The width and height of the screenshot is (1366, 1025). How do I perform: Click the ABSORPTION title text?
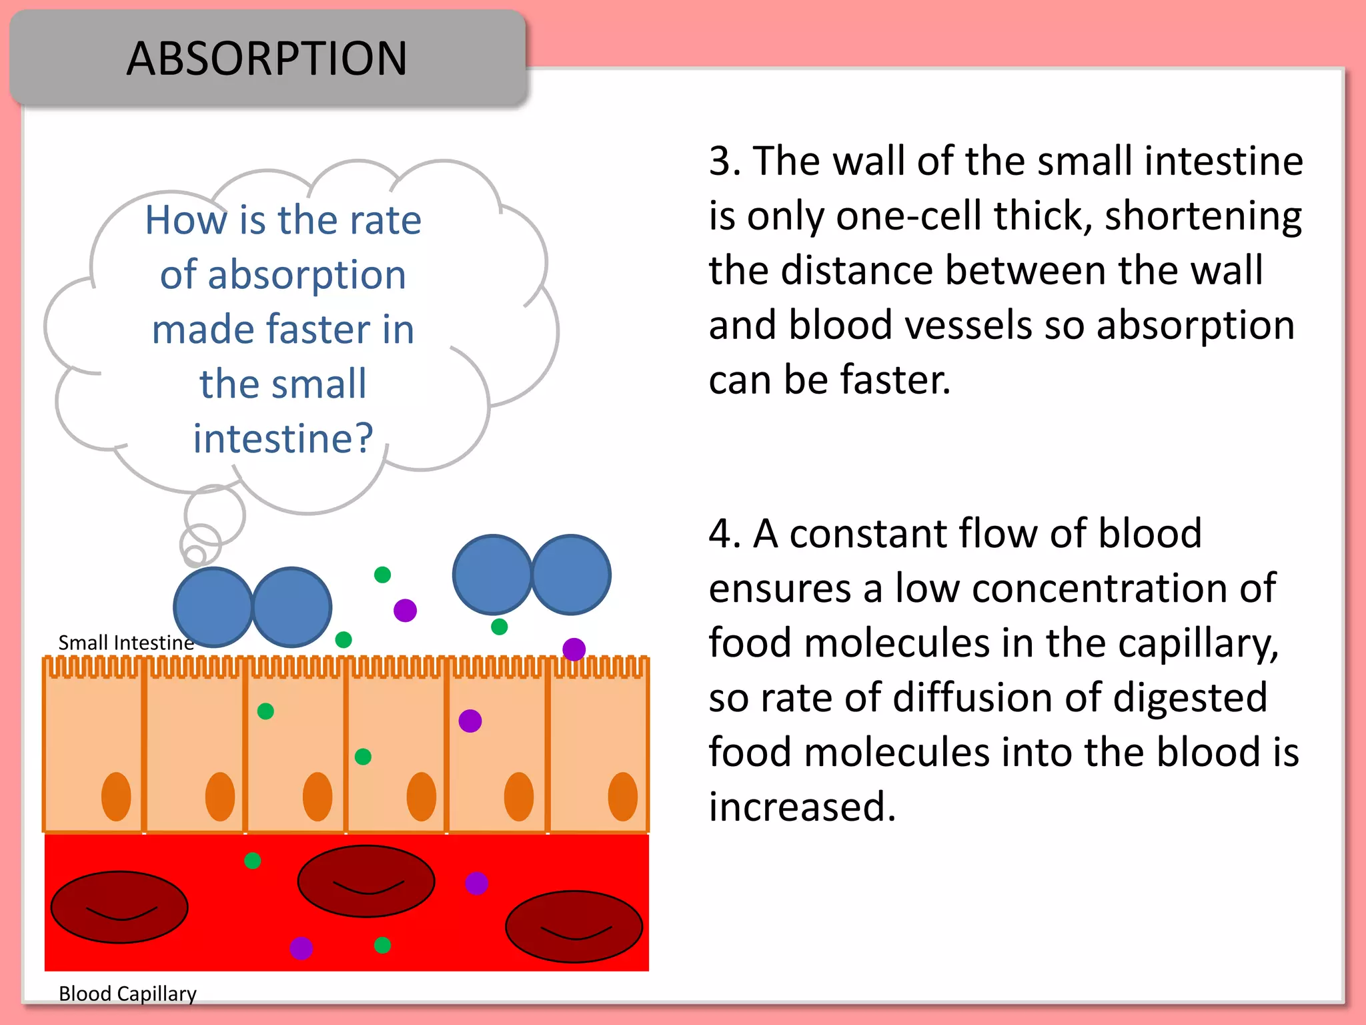267,59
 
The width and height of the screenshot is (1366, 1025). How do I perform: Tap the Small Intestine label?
126,643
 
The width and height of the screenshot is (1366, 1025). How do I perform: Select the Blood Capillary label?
127,994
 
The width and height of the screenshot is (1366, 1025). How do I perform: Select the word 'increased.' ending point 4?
802,807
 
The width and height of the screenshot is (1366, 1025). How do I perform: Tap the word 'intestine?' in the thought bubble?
283,438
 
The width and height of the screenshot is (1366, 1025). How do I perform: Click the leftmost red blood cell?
119,907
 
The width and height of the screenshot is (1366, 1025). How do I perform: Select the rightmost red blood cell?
574,926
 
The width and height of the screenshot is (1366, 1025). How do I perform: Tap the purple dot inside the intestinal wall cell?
470,721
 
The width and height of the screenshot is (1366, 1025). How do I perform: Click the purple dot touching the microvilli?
574,649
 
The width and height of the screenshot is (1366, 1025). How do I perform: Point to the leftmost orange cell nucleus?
116,797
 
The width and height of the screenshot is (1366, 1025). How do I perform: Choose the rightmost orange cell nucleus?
622,797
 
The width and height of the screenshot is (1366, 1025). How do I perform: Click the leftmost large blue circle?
213,607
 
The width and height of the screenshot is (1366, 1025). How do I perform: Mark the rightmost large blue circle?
571,575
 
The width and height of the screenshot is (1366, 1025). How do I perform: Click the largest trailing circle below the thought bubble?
215,515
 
